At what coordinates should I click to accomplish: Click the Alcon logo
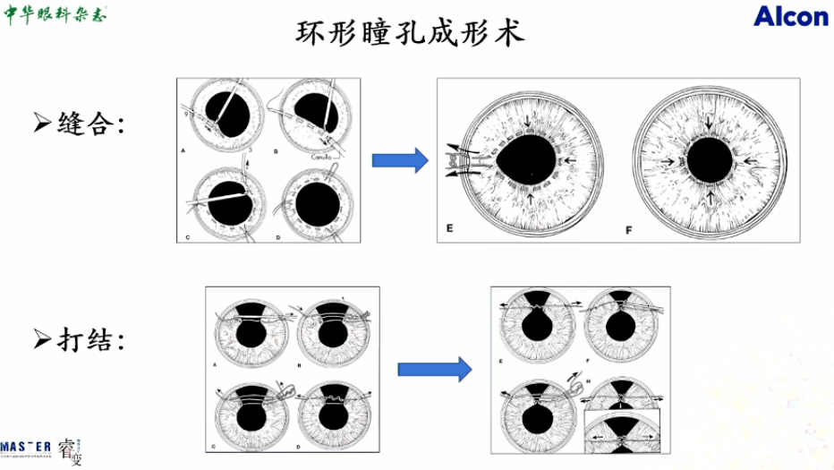(x=790, y=15)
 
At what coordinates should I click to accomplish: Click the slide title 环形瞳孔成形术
(x=409, y=34)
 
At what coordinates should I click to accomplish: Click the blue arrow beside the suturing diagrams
(x=399, y=161)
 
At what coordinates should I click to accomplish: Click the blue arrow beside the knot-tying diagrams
(x=434, y=367)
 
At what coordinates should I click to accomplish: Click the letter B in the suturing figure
(x=276, y=153)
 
